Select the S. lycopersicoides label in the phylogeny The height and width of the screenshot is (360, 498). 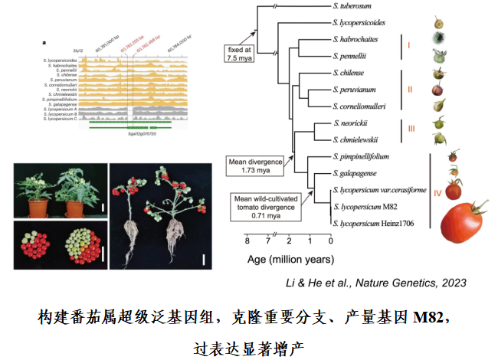(x=366, y=24)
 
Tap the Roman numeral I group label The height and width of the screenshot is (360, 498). (x=408, y=45)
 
